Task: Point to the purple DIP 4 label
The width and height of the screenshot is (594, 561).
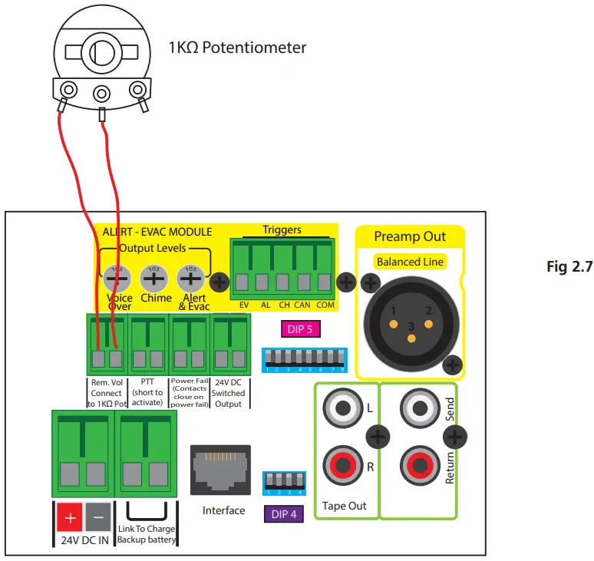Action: click(284, 513)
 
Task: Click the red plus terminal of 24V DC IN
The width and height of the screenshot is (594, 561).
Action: click(71, 518)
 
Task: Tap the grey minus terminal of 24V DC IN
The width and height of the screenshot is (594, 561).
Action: click(97, 518)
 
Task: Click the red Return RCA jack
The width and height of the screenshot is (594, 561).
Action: click(417, 465)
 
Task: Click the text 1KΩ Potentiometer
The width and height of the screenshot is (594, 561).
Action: click(237, 48)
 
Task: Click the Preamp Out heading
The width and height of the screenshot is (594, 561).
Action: click(410, 236)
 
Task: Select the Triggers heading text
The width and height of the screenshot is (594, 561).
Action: click(282, 229)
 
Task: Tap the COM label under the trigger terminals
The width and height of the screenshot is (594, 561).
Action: click(325, 305)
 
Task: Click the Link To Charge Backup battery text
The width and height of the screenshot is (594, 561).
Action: click(146, 534)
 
